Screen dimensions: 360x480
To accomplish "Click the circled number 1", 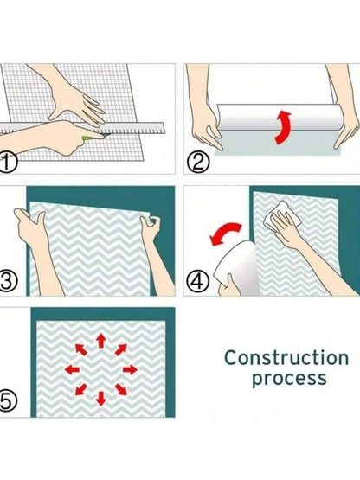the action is pyautogui.click(x=7, y=163).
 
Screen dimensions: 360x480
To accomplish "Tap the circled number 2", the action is pyautogui.click(x=198, y=163).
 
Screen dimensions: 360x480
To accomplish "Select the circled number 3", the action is pyautogui.click(x=7, y=281).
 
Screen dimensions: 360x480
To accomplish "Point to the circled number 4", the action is pyautogui.click(x=198, y=282).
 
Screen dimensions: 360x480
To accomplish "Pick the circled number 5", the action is pyautogui.click(x=7, y=400).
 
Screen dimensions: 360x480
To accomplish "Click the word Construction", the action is pyautogui.click(x=286, y=357).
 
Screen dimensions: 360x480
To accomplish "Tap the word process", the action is pyautogui.click(x=289, y=379).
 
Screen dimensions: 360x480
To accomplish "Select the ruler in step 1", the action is pyautogui.click(x=83, y=128).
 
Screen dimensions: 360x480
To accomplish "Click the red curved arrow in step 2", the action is pyautogui.click(x=282, y=128).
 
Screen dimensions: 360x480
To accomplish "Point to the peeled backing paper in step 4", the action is pyautogui.click(x=236, y=268).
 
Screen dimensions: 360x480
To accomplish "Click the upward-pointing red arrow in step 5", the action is pyautogui.click(x=100, y=341).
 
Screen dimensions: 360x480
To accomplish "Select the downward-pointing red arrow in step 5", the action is pyautogui.click(x=100, y=399).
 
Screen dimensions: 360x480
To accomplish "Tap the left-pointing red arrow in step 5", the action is pyautogui.click(x=73, y=369).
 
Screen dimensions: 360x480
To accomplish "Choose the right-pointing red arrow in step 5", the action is pyautogui.click(x=130, y=370).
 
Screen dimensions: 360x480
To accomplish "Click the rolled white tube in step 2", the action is pyautogui.click(x=280, y=118).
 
